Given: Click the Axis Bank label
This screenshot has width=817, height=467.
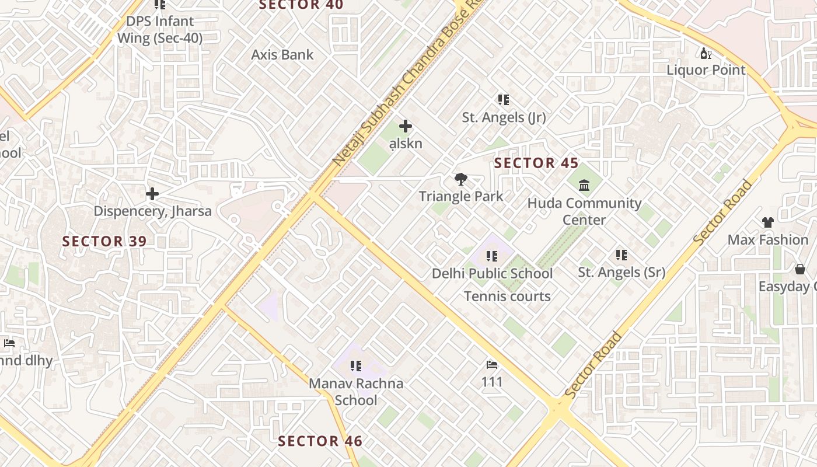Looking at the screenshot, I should pyautogui.click(x=282, y=55).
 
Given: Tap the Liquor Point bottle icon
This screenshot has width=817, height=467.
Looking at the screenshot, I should pyautogui.click(x=706, y=54).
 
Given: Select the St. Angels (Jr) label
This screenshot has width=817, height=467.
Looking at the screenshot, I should pyautogui.click(x=504, y=117).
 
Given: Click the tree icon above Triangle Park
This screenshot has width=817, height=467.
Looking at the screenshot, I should pyautogui.click(x=461, y=179).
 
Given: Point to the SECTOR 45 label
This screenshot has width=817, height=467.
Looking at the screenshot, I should pyautogui.click(x=536, y=163).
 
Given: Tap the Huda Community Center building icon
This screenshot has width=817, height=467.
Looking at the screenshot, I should pyautogui.click(x=584, y=186).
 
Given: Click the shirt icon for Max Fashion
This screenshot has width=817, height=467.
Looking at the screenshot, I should pyautogui.click(x=767, y=222).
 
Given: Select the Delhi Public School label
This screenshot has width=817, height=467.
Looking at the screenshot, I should pyautogui.click(x=492, y=273).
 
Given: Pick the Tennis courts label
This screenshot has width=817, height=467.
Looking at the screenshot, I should pyautogui.click(x=507, y=297).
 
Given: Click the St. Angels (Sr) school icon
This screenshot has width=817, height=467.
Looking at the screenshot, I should pyautogui.click(x=622, y=255).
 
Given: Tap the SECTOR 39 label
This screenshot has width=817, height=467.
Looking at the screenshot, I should pyautogui.click(x=104, y=241).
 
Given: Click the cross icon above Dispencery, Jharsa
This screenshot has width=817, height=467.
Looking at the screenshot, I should pyautogui.click(x=152, y=193).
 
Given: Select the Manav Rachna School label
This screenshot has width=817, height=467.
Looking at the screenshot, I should pyautogui.click(x=356, y=392).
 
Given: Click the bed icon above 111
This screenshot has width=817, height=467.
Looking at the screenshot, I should pyautogui.click(x=492, y=365).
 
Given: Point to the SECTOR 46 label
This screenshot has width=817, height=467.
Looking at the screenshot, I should pyautogui.click(x=320, y=441).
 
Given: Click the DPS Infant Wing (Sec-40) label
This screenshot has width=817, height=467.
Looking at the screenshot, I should pyautogui.click(x=160, y=30).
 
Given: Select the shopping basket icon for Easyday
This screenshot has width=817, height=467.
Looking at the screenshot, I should pyautogui.click(x=799, y=269).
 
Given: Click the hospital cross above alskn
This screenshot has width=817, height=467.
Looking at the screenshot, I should pyautogui.click(x=406, y=126).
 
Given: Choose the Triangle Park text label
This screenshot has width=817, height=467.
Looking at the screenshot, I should pyautogui.click(x=461, y=196).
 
